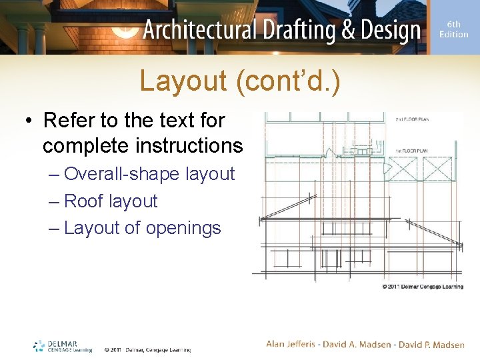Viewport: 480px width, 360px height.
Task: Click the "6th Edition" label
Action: tap(453, 29)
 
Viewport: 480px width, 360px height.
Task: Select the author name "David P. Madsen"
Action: tap(431, 344)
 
